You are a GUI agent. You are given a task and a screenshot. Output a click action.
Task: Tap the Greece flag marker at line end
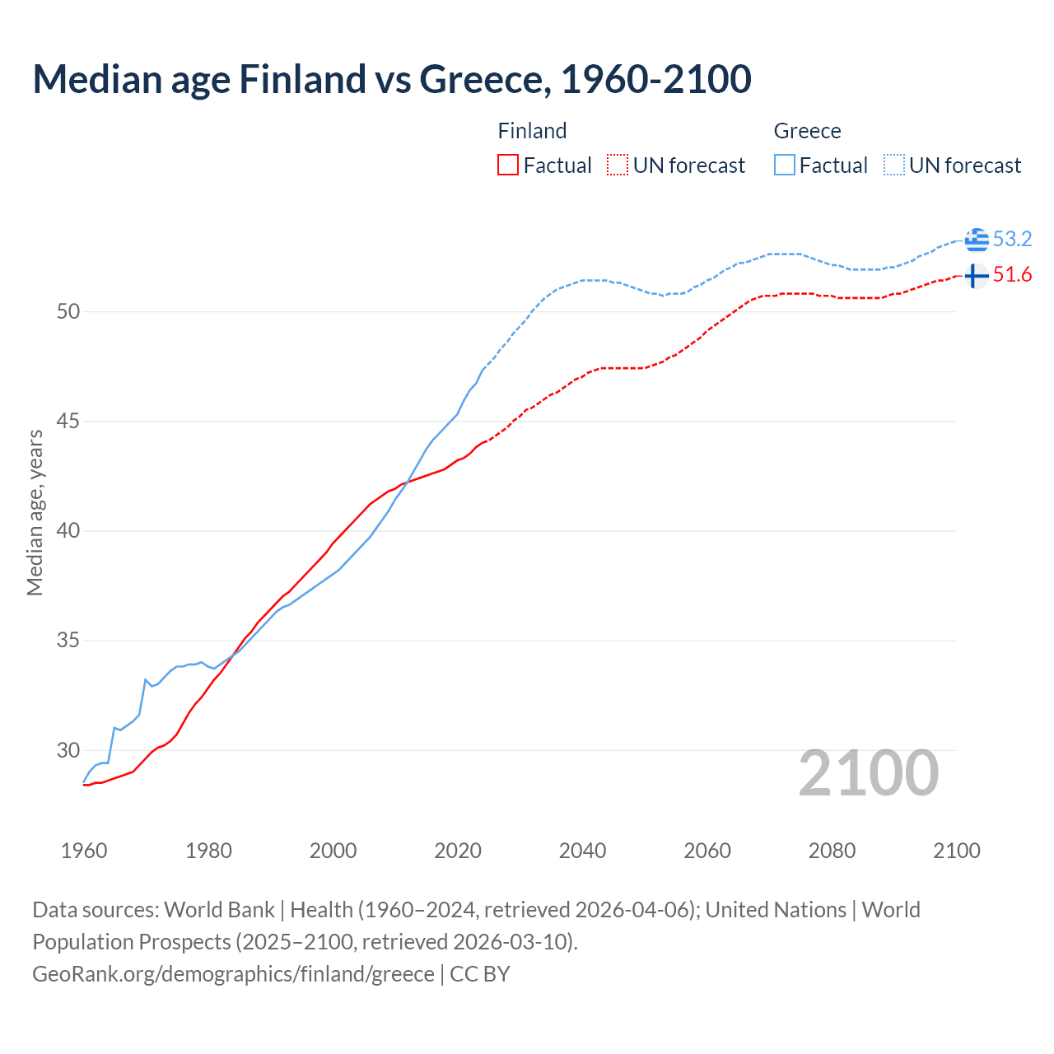977,239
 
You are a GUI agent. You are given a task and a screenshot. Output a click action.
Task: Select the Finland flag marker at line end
976,275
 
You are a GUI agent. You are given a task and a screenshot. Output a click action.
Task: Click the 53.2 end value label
1012,239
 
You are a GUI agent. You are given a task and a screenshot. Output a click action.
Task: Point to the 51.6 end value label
1012,275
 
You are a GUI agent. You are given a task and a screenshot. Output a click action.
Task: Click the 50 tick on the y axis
68,311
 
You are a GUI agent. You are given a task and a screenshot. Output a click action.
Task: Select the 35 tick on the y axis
68,640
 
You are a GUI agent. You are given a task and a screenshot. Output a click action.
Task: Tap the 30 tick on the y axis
68,750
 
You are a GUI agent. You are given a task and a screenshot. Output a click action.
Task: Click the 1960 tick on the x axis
84,851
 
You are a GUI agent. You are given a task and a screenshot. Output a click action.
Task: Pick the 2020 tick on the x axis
458,851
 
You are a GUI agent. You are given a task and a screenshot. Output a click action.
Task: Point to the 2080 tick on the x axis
832,851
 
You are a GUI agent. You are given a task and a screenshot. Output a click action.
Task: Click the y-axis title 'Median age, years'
35,512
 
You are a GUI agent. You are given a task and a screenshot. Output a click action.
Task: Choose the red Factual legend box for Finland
508,166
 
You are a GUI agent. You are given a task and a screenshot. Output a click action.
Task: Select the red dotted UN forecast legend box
618,166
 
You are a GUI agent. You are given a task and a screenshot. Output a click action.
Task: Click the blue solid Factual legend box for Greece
785,166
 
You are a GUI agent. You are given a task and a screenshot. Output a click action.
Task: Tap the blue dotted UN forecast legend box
893,166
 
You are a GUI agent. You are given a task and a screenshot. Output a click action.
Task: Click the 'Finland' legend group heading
532,131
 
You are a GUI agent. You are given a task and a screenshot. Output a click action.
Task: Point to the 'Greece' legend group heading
807,131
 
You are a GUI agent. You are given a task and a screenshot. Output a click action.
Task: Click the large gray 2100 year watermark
868,773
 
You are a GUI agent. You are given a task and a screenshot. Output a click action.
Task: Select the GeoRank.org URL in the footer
233,974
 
